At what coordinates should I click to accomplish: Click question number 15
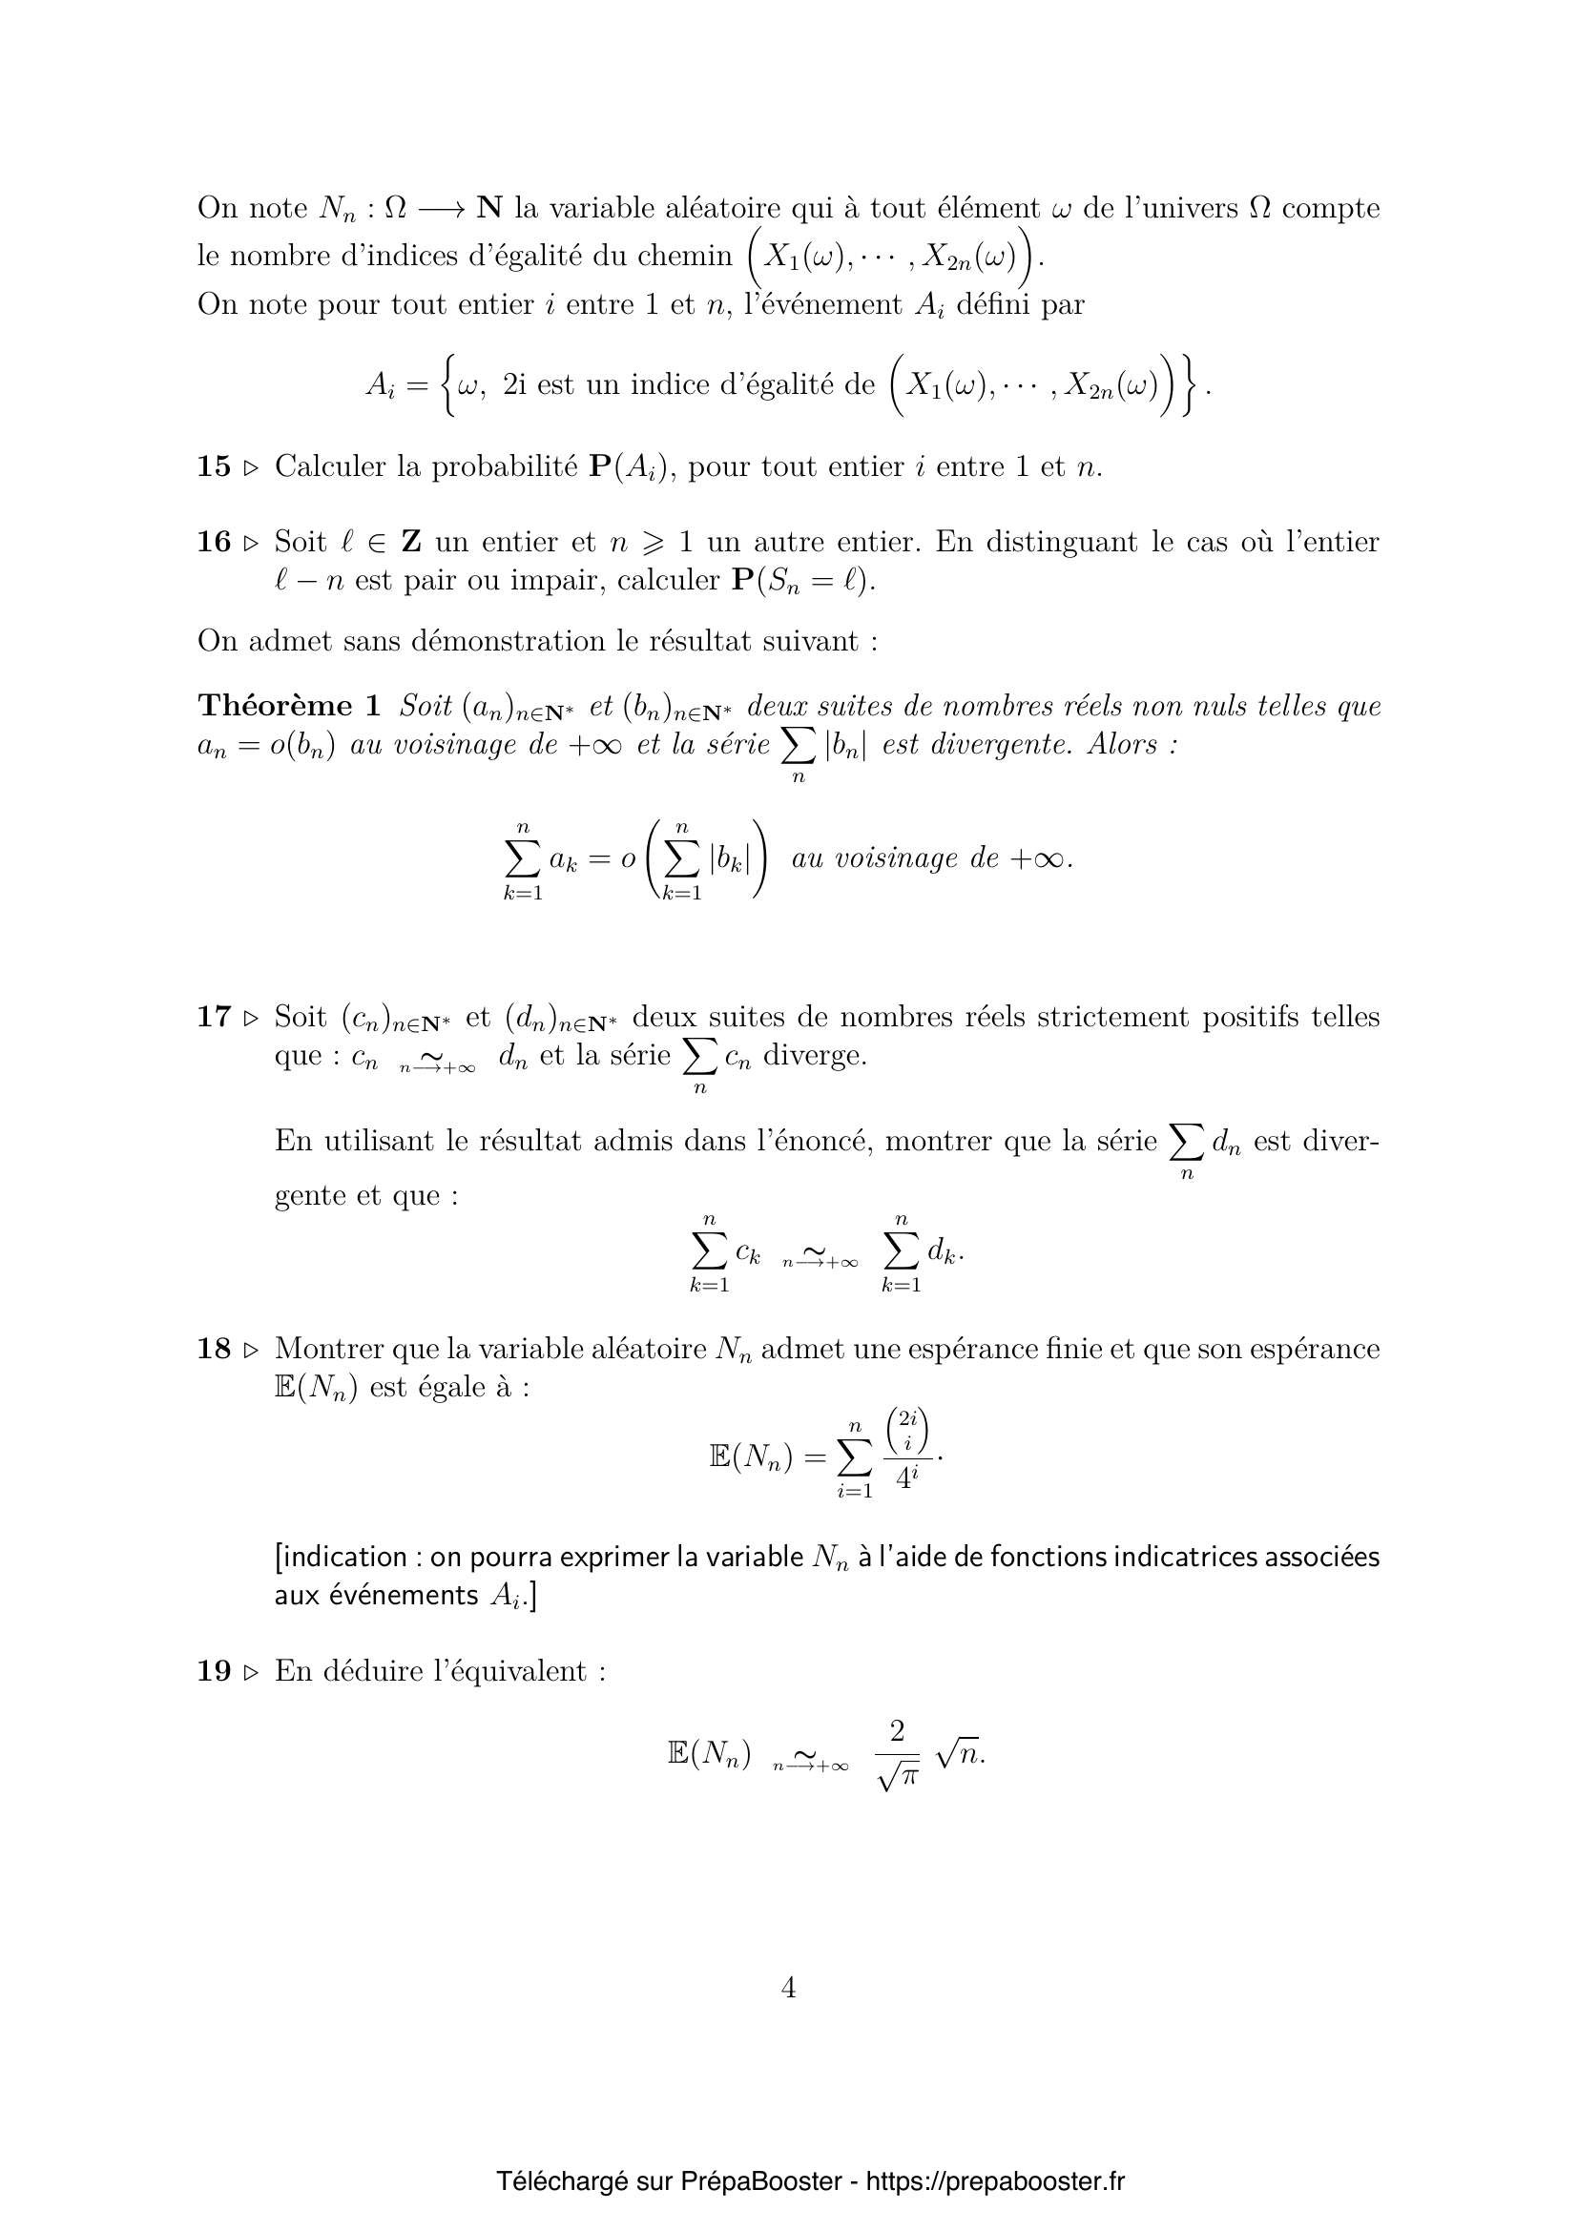point(213,467)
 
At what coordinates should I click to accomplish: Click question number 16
point(213,542)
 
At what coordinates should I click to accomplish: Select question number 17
point(213,1018)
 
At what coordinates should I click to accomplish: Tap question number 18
point(213,1349)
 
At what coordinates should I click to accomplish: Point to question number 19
point(213,1671)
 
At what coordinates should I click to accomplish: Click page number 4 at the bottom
point(788,1988)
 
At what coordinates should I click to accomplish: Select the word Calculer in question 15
point(330,467)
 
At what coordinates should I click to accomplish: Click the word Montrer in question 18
point(329,1349)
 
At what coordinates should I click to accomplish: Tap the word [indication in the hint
point(340,1558)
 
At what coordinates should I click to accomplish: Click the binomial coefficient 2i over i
point(907,1432)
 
